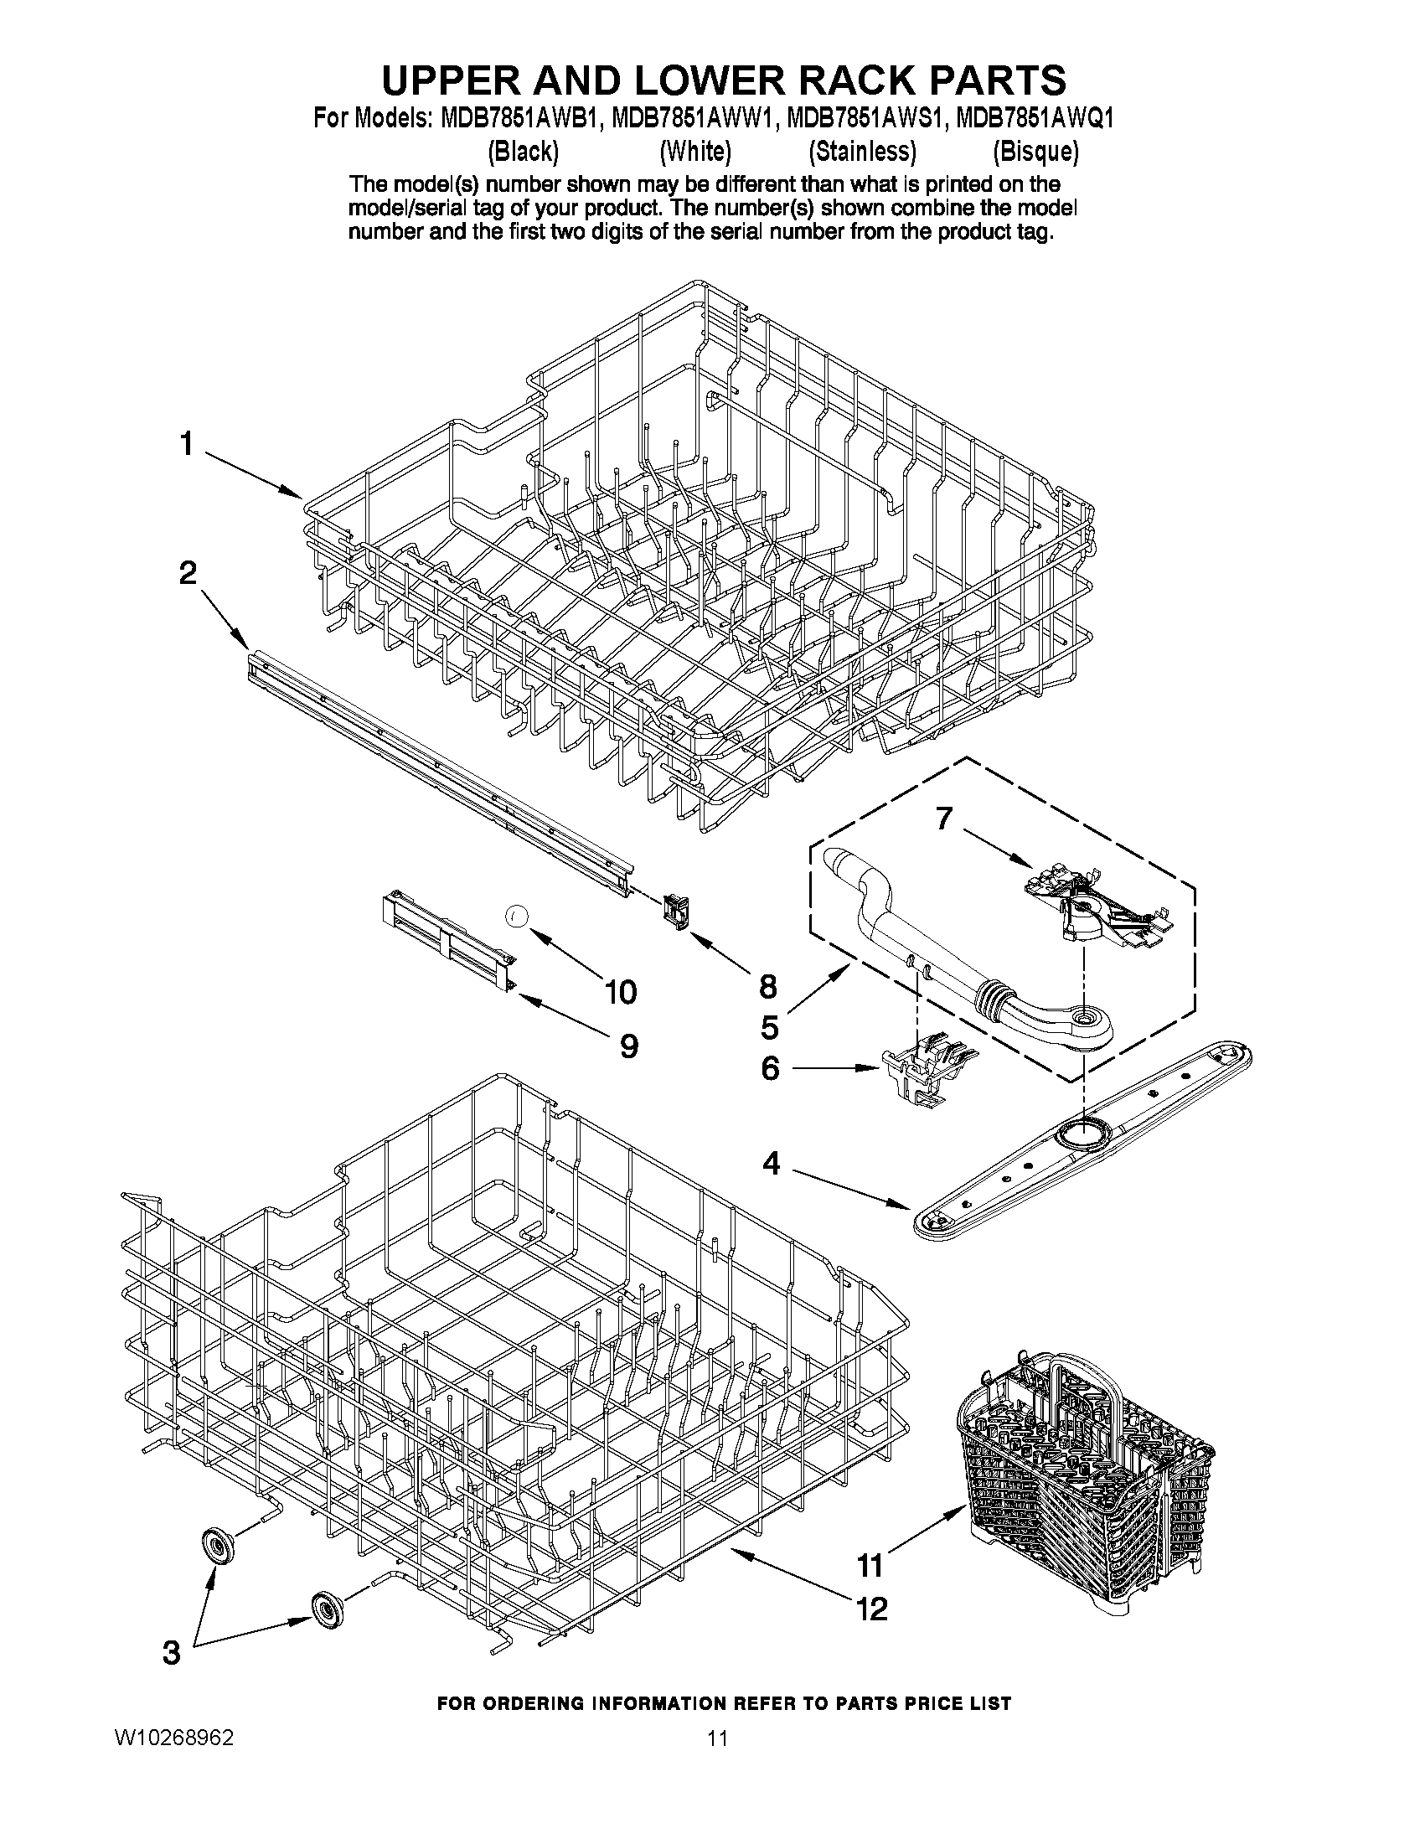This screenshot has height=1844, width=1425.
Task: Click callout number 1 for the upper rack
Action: click(x=186, y=444)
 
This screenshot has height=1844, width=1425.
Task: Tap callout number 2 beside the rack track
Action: click(x=187, y=573)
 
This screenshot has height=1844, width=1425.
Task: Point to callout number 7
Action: click(x=943, y=818)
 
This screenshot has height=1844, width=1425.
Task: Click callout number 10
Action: click(x=621, y=992)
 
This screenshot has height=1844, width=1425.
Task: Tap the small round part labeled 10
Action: click(x=518, y=913)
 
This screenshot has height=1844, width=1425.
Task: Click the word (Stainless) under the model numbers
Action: click(x=862, y=152)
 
